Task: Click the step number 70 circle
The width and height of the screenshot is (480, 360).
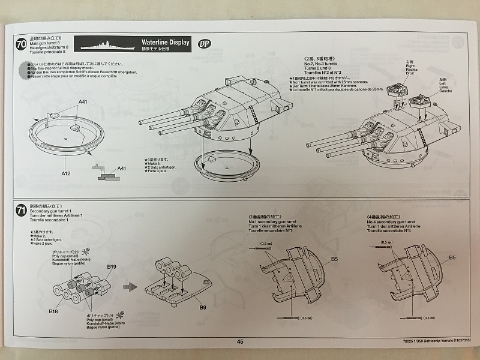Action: pyautogui.click(x=21, y=44)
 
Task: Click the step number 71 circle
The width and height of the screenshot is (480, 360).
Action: pyautogui.click(x=21, y=210)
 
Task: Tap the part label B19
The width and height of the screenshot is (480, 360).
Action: pyautogui.click(x=112, y=266)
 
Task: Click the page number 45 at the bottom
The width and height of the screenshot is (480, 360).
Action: pyautogui.click(x=240, y=341)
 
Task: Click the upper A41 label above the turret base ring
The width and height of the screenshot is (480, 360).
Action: pyautogui.click(x=82, y=102)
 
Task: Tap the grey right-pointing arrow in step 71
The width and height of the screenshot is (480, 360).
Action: pyautogui.click(x=127, y=286)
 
